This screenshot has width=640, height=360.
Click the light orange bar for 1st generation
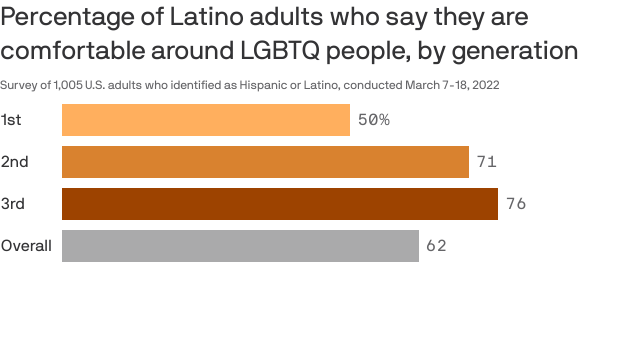205,120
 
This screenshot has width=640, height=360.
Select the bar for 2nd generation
265,162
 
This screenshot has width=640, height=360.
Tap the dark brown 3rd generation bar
279,204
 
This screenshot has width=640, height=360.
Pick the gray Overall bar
240,246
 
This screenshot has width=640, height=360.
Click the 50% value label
373,120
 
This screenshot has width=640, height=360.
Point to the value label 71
486,162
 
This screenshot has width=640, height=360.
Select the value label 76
516,204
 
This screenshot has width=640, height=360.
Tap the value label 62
436,246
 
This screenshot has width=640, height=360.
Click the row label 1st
11,120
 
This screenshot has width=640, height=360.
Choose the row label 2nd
14,162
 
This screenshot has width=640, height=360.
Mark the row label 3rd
13,204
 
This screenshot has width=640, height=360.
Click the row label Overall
26,246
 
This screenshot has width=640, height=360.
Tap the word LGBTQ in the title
279,50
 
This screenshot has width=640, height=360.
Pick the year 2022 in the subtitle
485,85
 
